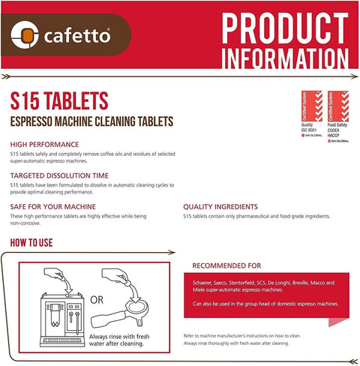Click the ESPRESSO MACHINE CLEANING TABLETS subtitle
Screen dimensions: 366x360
click(x=92, y=120)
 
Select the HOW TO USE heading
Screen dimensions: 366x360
click(x=41, y=243)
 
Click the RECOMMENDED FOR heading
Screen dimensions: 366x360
click(x=226, y=265)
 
